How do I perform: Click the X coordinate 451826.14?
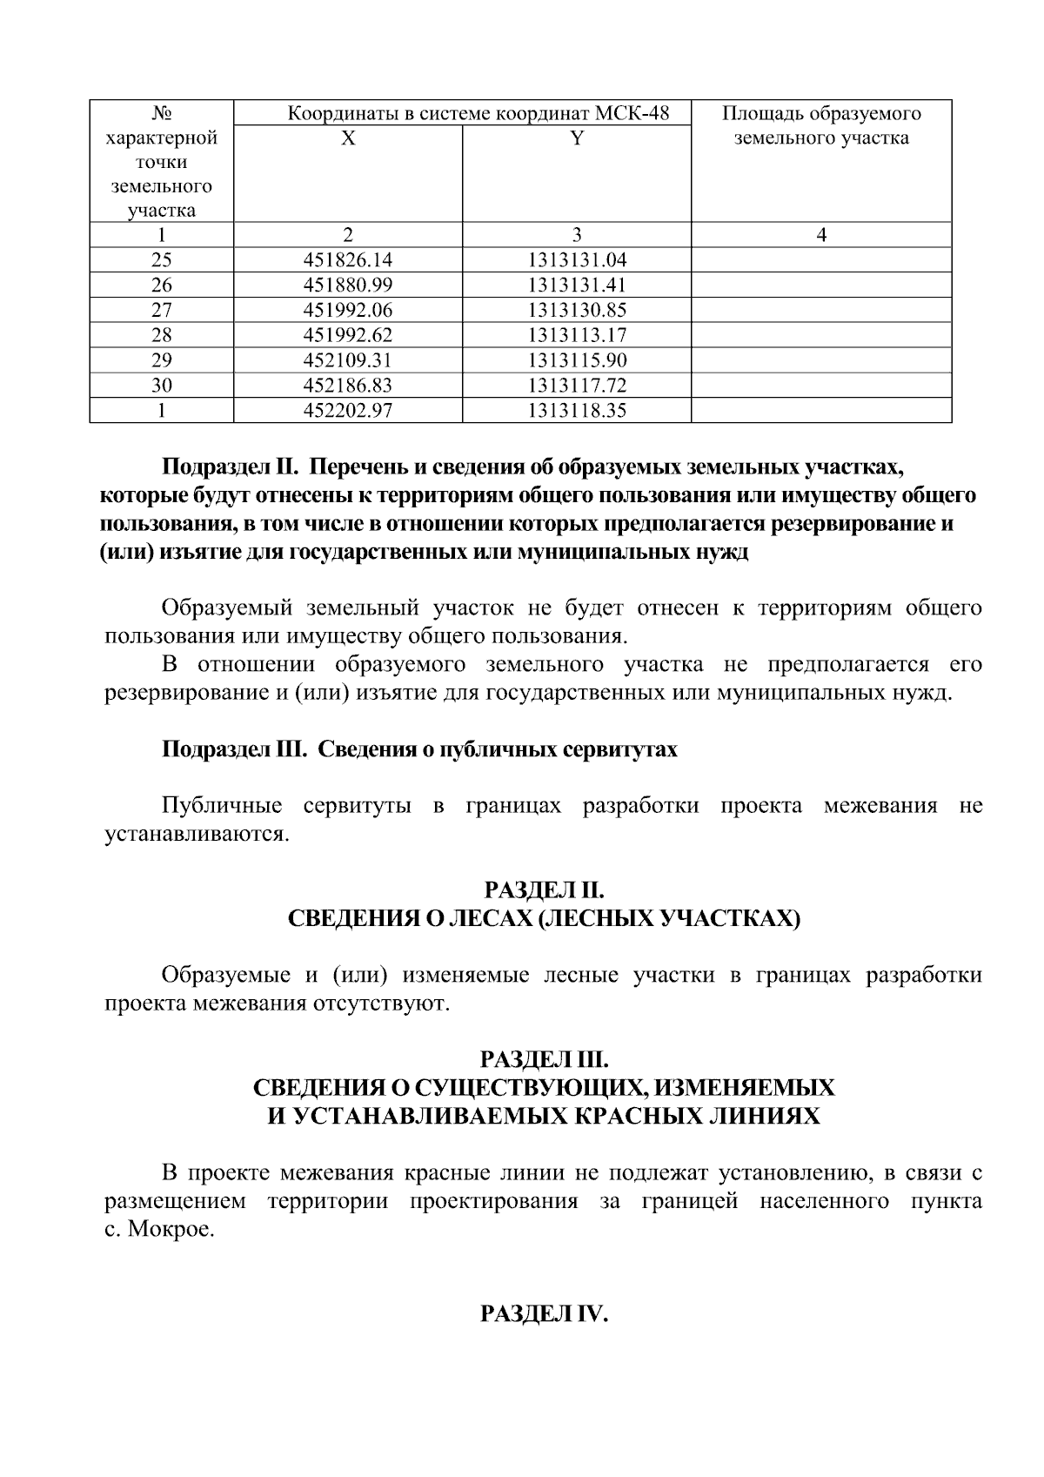(x=348, y=259)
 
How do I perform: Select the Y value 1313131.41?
(x=577, y=285)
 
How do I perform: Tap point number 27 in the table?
(x=161, y=310)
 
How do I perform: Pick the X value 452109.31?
(x=348, y=360)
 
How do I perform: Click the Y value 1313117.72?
(x=577, y=386)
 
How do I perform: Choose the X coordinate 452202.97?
(x=348, y=411)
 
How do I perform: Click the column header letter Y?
(x=577, y=138)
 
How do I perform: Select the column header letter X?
(x=348, y=138)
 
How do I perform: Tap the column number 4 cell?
(x=821, y=234)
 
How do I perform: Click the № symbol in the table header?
(x=161, y=114)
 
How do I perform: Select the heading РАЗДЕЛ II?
(x=544, y=890)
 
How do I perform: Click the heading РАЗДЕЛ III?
(x=544, y=1060)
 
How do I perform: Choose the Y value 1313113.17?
(x=577, y=335)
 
